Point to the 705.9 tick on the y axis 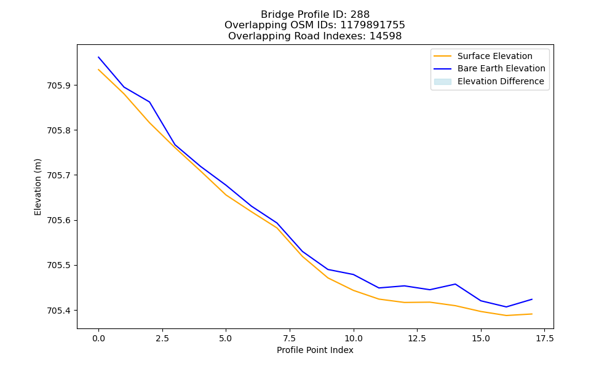60,85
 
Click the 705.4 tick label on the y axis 60,311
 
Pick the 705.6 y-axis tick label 60,220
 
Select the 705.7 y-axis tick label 60,175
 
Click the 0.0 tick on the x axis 98,338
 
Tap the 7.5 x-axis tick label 290,338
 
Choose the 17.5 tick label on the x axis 544,338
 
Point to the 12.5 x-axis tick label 417,338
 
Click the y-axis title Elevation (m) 38,187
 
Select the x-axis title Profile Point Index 315,350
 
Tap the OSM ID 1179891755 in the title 372,25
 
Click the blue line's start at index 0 98,57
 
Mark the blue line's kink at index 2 149,102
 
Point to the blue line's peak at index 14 455,284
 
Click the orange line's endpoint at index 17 532,314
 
